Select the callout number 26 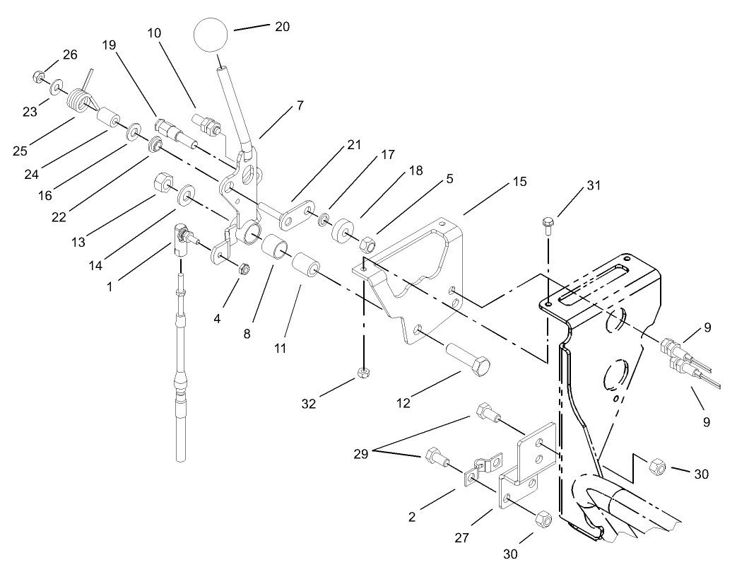[x=70, y=54]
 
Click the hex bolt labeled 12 [x=467, y=359]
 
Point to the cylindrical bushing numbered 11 [x=306, y=266]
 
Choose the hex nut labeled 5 [x=367, y=245]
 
